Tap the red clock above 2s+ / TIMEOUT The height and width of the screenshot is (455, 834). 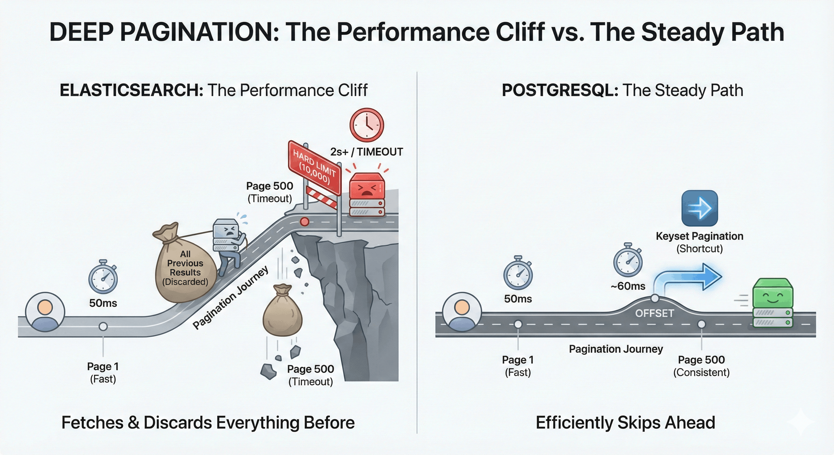[x=366, y=125]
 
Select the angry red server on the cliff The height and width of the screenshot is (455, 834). [x=367, y=194]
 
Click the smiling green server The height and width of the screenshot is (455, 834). [x=772, y=303]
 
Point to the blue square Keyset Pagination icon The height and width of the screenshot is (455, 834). [x=699, y=208]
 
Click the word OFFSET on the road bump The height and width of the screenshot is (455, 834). [x=654, y=313]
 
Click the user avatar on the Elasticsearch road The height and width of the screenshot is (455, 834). [x=45, y=312]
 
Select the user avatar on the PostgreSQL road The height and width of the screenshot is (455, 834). [x=462, y=312]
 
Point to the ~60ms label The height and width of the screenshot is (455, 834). [x=628, y=286]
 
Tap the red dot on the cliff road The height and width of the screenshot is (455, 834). [x=304, y=222]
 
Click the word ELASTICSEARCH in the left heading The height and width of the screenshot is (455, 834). [x=131, y=90]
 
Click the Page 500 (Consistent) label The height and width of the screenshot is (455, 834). [x=701, y=366]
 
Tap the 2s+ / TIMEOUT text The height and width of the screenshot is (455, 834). [x=366, y=152]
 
